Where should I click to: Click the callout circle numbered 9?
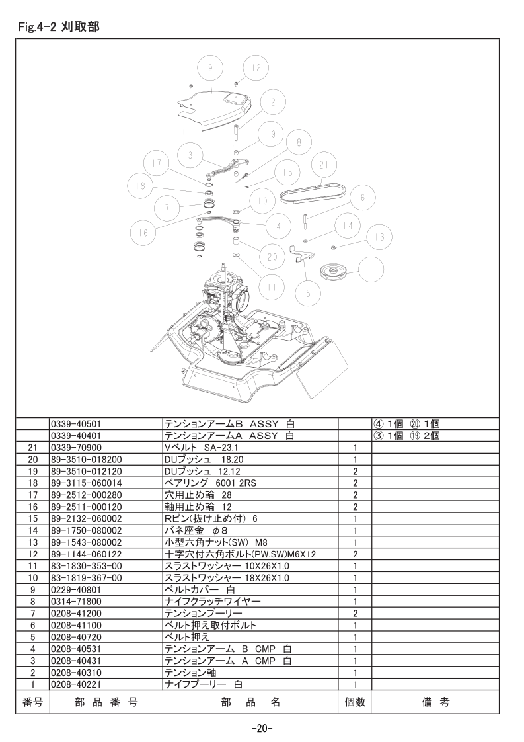click(x=209, y=69)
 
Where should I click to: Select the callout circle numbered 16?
click(x=143, y=231)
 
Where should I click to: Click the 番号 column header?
click(x=32, y=702)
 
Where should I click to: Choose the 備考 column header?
click(x=435, y=702)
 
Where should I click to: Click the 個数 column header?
click(x=355, y=702)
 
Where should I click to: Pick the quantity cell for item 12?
click(x=355, y=554)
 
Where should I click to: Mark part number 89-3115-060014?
click(x=86, y=483)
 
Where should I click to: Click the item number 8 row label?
click(x=32, y=601)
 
